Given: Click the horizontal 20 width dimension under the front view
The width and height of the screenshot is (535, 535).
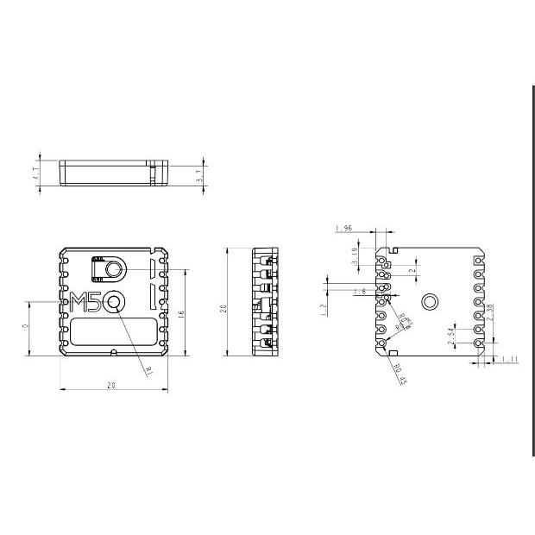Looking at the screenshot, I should pos(111,386).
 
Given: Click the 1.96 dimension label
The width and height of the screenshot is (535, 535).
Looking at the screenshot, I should pos(343,229).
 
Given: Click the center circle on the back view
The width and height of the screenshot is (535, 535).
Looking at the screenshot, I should pos(429,300).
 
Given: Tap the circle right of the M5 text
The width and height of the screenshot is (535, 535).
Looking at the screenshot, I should pos(115,302).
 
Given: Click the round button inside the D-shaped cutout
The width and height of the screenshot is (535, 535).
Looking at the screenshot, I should pos(115,270).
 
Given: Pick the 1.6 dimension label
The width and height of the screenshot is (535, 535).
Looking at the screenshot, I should pos(359,293).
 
